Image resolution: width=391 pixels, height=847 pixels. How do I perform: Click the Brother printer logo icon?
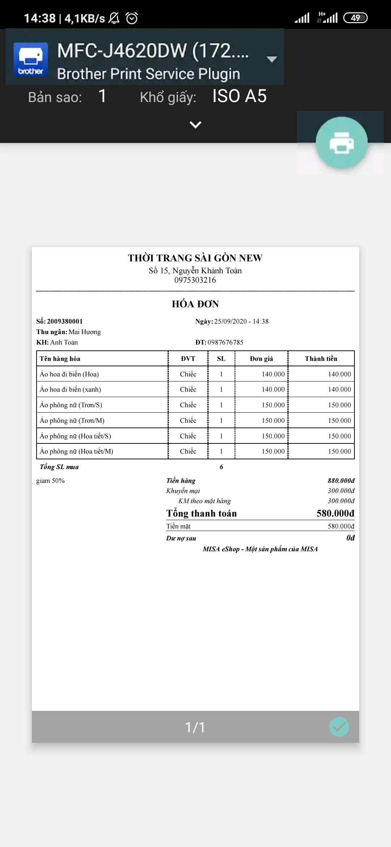pos(31,59)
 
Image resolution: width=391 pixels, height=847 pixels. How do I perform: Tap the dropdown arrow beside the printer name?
pos(272,59)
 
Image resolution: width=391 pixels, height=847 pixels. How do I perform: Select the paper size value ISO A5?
pos(239,96)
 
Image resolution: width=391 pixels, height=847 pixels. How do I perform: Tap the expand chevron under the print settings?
pos(195,125)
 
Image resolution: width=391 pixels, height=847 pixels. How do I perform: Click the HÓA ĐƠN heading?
pos(195,304)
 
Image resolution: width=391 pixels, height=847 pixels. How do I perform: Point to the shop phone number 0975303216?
pos(195,280)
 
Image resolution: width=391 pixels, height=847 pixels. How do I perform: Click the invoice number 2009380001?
pos(65,321)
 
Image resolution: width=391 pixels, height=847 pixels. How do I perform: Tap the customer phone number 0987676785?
pos(225,342)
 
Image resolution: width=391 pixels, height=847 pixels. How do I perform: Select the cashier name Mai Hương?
pos(85,332)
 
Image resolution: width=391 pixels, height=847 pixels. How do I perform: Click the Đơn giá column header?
pos(261,359)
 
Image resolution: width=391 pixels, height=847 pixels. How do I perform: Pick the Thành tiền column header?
pos(321,359)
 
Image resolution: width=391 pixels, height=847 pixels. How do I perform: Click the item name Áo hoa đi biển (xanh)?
pos(71,389)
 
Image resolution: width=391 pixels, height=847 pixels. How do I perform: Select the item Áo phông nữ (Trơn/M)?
pos(72,421)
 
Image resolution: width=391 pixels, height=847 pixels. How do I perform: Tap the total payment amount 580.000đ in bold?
pos(335,513)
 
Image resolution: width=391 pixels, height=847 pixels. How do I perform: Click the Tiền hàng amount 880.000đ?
pos(341,481)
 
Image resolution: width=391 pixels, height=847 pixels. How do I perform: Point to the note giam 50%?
pos(50,481)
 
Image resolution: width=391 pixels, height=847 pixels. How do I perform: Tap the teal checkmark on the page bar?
pos(339,727)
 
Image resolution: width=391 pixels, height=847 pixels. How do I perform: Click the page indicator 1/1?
pos(195,727)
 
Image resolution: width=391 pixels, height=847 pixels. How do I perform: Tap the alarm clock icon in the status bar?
pos(132,18)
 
